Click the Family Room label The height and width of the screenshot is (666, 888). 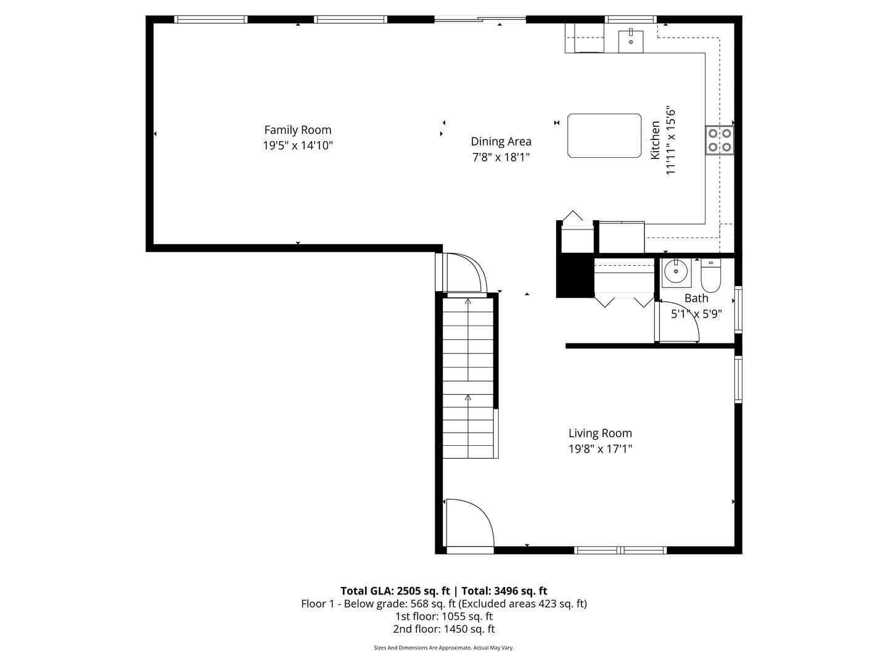[298, 130]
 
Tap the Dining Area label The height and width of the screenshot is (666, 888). [501, 141]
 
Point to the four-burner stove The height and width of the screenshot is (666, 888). [719, 140]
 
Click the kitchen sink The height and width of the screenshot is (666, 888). [631, 41]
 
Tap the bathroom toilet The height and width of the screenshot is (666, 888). [710, 278]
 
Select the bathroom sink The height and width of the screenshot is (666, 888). [676, 271]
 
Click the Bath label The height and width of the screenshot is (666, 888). [696, 298]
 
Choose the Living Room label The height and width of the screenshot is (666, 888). [600, 434]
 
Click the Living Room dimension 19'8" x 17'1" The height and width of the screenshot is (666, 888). [600, 450]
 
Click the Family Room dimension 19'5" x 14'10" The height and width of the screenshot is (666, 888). [298, 146]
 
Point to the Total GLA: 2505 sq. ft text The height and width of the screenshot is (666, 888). [395, 591]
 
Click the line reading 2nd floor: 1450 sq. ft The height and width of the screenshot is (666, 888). [443, 629]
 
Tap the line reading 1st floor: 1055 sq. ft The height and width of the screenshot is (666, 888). [443, 616]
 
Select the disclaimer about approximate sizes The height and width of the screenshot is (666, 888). [443, 647]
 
